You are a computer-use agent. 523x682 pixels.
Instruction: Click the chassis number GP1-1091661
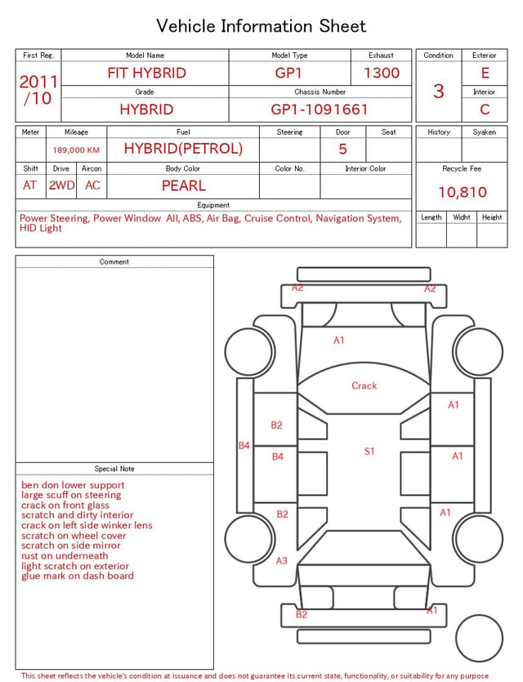pyautogui.click(x=320, y=109)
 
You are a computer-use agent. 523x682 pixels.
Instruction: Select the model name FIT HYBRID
pyautogui.click(x=146, y=73)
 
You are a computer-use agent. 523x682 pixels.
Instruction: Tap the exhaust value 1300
pyautogui.click(x=382, y=73)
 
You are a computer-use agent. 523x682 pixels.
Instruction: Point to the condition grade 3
pyautogui.click(x=439, y=91)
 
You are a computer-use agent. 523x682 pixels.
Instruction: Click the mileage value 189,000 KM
pyautogui.click(x=76, y=150)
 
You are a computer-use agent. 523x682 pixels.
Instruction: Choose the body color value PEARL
pyautogui.click(x=184, y=185)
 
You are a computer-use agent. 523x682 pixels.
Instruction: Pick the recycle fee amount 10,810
pyautogui.click(x=462, y=192)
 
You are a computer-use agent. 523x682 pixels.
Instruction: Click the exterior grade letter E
pyautogui.click(x=485, y=73)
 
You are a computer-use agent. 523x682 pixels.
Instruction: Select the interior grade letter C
pyautogui.click(x=485, y=109)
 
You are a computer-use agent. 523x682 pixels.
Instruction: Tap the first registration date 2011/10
pyautogui.click(x=38, y=90)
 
